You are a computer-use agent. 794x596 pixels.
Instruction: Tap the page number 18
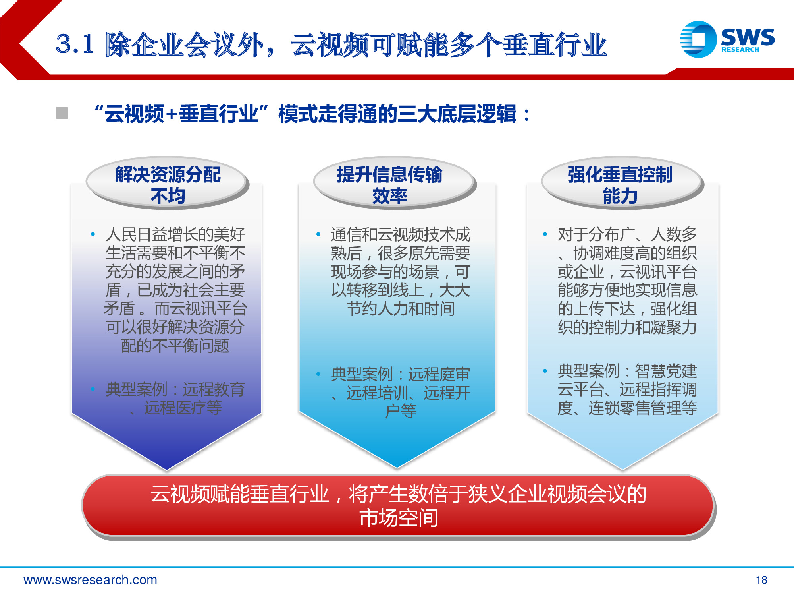click(761, 580)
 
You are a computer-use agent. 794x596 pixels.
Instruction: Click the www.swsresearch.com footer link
click(90, 580)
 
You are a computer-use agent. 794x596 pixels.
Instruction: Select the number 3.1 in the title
click(75, 44)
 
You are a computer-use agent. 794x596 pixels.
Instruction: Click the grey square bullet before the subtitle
click(62, 113)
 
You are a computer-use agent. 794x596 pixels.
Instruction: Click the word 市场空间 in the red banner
click(399, 518)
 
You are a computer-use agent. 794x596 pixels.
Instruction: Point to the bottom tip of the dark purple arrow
click(167, 469)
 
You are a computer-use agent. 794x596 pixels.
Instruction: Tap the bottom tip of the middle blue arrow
click(397, 467)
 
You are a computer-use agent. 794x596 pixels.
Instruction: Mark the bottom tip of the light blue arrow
click(622, 469)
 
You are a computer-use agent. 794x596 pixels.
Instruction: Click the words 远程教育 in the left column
click(214, 389)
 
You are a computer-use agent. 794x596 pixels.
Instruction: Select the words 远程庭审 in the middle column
click(439, 374)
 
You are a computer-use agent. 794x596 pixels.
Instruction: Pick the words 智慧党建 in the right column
click(666, 371)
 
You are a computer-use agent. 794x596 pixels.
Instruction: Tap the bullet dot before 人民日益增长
click(93, 234)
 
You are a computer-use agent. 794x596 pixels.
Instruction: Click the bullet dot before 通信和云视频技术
click(318, 234)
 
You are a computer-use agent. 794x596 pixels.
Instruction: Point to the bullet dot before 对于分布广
click(545, 234)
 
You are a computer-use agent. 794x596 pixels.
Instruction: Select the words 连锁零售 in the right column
click(619, 408)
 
